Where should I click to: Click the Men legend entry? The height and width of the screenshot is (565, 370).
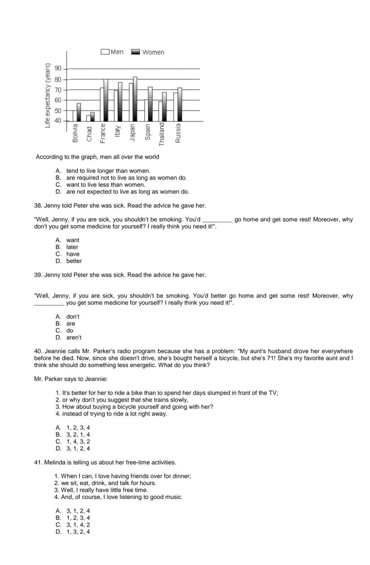(113, 52)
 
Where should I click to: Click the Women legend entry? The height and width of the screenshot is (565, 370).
(148, 52)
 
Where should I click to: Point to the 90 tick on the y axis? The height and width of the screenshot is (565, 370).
(58, 69)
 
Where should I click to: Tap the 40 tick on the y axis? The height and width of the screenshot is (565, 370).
(58, 121)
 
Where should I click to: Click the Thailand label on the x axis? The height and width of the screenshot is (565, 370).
(162, 134)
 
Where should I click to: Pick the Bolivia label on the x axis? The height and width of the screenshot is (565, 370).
(75, 133)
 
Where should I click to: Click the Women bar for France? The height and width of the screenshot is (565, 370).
(105, 100)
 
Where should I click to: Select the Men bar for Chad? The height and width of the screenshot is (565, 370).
(88, 118)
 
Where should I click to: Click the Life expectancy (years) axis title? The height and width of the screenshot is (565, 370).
(47, 95)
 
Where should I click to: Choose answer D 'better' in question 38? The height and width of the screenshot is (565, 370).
(74, 261)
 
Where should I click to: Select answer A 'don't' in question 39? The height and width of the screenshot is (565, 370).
(73, 316)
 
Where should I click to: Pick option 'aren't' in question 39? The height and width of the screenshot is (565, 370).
(74, 338)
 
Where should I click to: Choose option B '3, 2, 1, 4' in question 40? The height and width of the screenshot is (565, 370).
(78, 435)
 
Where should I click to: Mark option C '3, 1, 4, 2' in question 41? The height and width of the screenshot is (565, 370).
(78, 525)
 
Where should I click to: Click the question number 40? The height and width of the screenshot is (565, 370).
(38, 351)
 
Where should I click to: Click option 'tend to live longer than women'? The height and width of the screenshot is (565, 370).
(108, 170)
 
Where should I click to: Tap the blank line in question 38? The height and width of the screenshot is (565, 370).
(217, 220)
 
